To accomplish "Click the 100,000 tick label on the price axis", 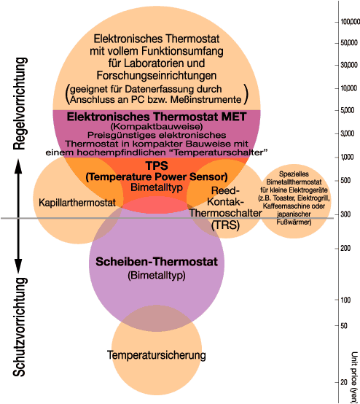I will tap(346, 22).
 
